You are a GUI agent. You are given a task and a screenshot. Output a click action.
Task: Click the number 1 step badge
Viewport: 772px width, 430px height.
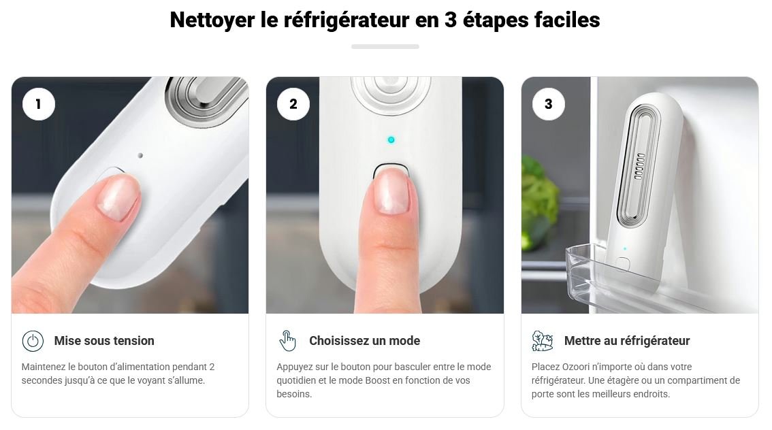coord(38,104)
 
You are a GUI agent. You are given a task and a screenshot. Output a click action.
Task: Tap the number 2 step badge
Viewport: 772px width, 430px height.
coord(293,104)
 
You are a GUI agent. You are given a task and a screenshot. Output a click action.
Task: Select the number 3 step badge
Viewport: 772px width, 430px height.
coord(549,104)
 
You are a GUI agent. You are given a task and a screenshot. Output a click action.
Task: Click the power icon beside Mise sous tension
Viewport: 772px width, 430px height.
coord(33,341)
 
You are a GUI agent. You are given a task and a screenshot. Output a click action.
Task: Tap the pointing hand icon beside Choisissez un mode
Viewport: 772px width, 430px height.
coord(287,341)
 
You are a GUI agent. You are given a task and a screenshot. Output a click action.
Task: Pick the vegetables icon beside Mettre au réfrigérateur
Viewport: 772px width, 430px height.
coord(543,341)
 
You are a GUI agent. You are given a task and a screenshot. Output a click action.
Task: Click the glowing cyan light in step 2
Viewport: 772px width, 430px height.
coord(391,139)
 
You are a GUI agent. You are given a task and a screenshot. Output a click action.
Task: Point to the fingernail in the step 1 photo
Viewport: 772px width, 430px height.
coord(118,197)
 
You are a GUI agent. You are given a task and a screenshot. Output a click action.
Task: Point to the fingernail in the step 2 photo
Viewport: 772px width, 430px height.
coord(392,191)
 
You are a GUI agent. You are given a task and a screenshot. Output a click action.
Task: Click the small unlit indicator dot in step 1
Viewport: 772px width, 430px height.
coord(140,156)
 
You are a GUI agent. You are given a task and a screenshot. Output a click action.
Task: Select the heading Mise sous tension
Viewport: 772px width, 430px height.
coord(104,340)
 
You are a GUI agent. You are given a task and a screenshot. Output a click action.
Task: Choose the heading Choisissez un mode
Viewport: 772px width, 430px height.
coord(365,340)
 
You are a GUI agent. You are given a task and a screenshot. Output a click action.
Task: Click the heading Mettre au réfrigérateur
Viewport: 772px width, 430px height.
coord(627,340)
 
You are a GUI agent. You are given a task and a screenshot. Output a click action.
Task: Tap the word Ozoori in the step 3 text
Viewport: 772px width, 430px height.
coord(576,367)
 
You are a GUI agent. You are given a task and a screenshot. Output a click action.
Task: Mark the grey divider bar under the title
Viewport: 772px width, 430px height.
coord(385,47)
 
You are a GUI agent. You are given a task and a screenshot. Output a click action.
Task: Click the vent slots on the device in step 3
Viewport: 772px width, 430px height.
coord(639,166)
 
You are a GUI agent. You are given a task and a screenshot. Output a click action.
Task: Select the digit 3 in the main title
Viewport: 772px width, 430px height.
coord(451,20)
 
